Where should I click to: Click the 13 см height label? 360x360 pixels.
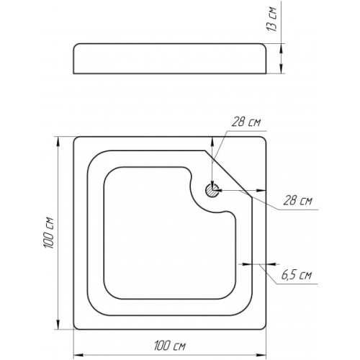coord(271,19)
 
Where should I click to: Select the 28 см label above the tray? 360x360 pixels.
coord(246,122)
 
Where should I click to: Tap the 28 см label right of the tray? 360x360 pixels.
coord(297,200)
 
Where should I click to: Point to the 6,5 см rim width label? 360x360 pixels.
coord(297,275)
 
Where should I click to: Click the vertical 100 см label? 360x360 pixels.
coord(49,233)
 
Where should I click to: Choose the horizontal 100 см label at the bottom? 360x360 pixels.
coord(170,346)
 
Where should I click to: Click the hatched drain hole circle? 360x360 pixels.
coord(212,190)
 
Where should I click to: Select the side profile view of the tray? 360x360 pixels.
coord(170,58)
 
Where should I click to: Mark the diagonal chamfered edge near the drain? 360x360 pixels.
coord(228,174)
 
